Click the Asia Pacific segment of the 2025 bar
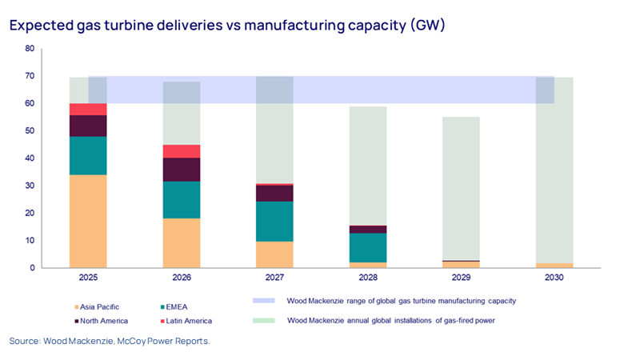pyautogui.click(x=88, y=221)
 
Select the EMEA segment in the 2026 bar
pyautogui.click(x=182, y=199)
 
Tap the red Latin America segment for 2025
pyautogui.click(x=88, y=109)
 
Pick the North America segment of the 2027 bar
pyautogui.click(x=274, y=193)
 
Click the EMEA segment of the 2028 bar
pyautogui.click(x=368, y=248)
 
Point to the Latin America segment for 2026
pyautogui.click(x=182, y=151)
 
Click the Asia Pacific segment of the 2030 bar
pyautogui.click(x=554, y=265)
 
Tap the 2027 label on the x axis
pyautogui.click(x=274, y=278)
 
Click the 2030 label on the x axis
pyautogui.click(x=554, y=278)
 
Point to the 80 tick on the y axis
pyautogui.click(x=29, y=49)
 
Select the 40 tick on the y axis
pyautogui.click(x=29, y=158)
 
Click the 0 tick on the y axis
pyautogui.click(x=31, y=268)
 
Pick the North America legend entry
pyautogui.click(x=100, y=320)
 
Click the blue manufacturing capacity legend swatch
pyautogui.click(x=264, y=301)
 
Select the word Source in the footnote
pyautogui.click(x=24, y=342)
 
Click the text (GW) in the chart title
pyautogui.click(x=425, y=25)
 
